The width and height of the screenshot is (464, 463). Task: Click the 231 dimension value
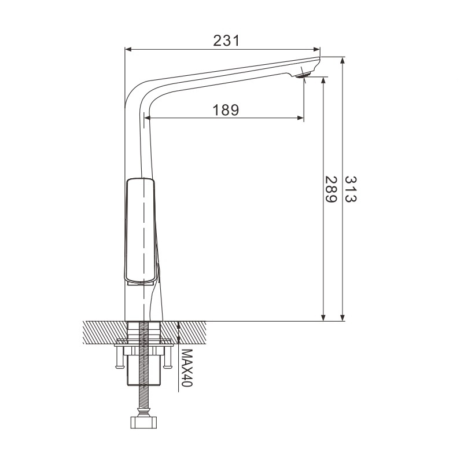coord(226,41)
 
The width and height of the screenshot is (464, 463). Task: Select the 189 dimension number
coord(226,110)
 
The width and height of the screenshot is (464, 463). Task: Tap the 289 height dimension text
coord(331,189)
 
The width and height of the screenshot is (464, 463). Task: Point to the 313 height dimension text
coord(351,189)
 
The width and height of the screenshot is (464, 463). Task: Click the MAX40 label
coord(187,368)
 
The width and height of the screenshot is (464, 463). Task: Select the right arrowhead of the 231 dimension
coord(317,49)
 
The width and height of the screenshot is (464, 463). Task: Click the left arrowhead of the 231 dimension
coord(128,49)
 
